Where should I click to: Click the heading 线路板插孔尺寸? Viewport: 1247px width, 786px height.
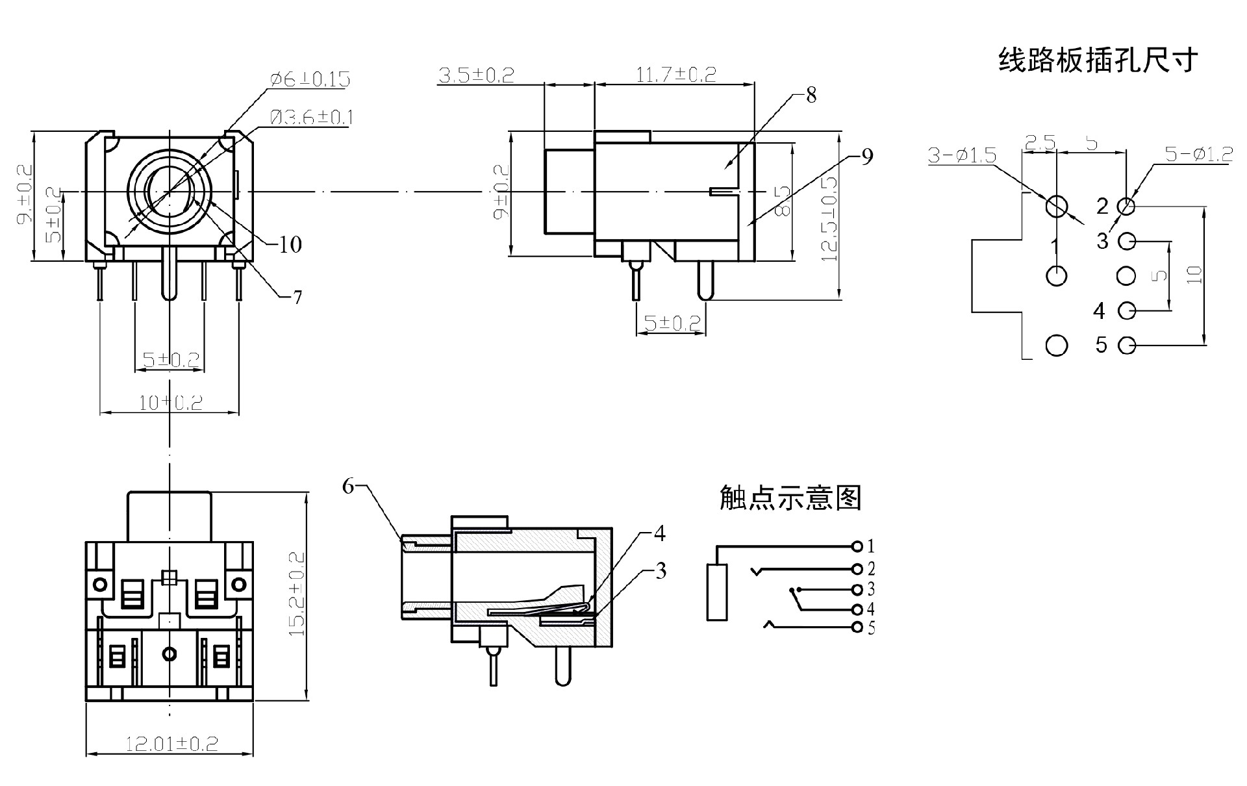(x=1098, y=60)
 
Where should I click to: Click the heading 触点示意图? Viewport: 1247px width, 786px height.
(x=790, y=498)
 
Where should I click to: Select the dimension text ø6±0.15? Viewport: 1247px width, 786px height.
(x=310, y=79)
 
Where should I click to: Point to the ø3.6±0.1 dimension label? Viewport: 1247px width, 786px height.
(x=311, y=118)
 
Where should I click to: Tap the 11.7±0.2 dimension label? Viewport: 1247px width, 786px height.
(x=675, y=75)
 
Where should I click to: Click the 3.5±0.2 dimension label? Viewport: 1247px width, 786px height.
(x=476, y=75)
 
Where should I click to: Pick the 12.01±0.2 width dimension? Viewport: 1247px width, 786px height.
(x=171, y=744)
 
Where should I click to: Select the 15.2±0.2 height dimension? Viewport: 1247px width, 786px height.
(x=296, y=594)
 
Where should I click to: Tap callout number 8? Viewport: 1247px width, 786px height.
(x=811, y=95)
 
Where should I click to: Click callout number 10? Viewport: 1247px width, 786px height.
(x=290, y=245)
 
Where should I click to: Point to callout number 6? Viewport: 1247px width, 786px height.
(x=349, y=486)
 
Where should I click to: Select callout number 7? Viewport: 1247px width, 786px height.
(x=297, y=298)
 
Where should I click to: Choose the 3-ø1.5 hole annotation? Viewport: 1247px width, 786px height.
(x=962, y=155)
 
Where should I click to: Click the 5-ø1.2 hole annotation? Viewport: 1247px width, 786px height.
(x=1198, y=154)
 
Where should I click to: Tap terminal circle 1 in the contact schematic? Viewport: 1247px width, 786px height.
(x=857, y=546)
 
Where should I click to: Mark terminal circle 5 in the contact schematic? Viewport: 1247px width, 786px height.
(x=857, y=628)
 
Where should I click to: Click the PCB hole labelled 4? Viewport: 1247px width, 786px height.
(x=1127, y=311)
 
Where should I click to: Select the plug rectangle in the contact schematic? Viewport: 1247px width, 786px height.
(x=717, y=592)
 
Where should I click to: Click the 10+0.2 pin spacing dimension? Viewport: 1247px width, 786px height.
(x=170, y=403)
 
